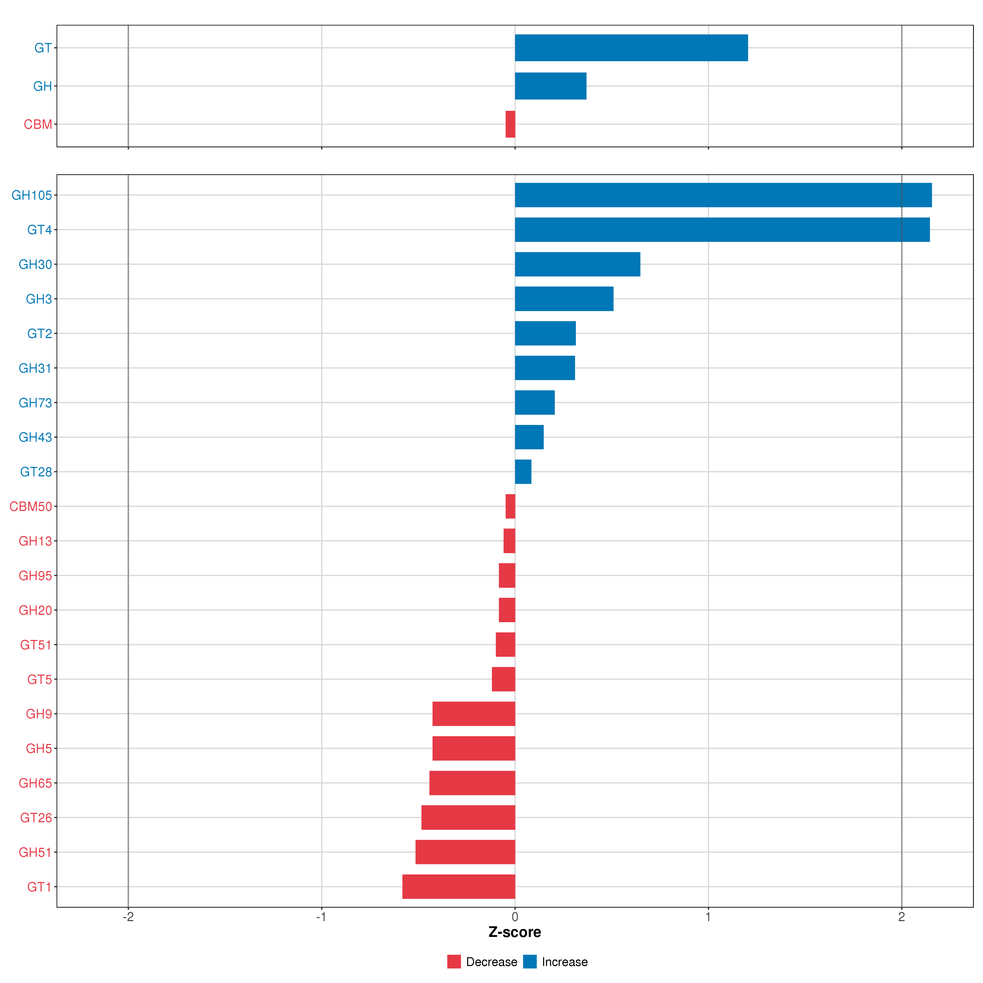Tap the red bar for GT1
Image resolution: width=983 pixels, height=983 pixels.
pyautogui.click(x=459, y=886)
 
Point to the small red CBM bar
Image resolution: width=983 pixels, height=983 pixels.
pyautogui.click(x=510, y=124)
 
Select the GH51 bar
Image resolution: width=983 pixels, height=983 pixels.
pyautogui.click(x=465, y=852)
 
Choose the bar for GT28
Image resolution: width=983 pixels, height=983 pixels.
pyautogui.click(x=523, y=472)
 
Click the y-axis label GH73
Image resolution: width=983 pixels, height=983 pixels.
pyautogui.click(x=35, y=402)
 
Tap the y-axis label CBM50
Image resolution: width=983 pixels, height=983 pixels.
pyautogui.click(x=31, y=506)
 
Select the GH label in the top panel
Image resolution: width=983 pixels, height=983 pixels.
pyautogui.click(x=42, y=86)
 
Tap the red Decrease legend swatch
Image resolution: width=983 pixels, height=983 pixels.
pyautogui.click(x=454, y=962)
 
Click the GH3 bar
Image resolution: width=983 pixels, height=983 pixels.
pyautogui.click(x=564, y=299)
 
